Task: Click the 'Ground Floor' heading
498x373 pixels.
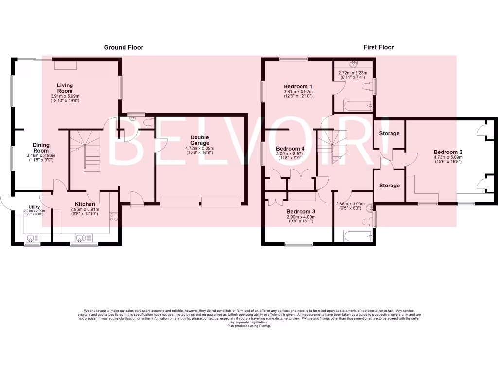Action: click(x=124, y=47)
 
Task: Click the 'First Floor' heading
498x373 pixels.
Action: click(x=378, y=47)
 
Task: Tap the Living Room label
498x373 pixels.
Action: click(x=65, y=88)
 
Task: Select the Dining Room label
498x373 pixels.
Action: click(x=41, y=148)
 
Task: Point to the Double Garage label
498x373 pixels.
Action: click(x=199, y=140)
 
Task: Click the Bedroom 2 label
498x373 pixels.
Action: click(x=448, y=152)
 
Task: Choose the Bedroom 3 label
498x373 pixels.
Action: click(x=301, y=212)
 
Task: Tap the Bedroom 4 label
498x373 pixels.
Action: click(x=290, y=149)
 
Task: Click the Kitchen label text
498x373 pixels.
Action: click(x=85, y=204)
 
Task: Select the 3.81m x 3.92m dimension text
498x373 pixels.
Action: click(x=298, y=91)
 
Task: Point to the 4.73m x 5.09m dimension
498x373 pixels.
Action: click(x=448, y=157)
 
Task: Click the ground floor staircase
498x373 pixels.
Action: click(x=87, y=151)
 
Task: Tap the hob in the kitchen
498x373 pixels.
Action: click(x=114, y=217)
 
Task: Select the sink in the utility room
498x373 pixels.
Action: click(x=32, y=238)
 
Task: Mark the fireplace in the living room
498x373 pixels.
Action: click(x=65, y=66)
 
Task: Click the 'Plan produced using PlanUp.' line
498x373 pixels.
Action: click(x=249, y=326)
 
